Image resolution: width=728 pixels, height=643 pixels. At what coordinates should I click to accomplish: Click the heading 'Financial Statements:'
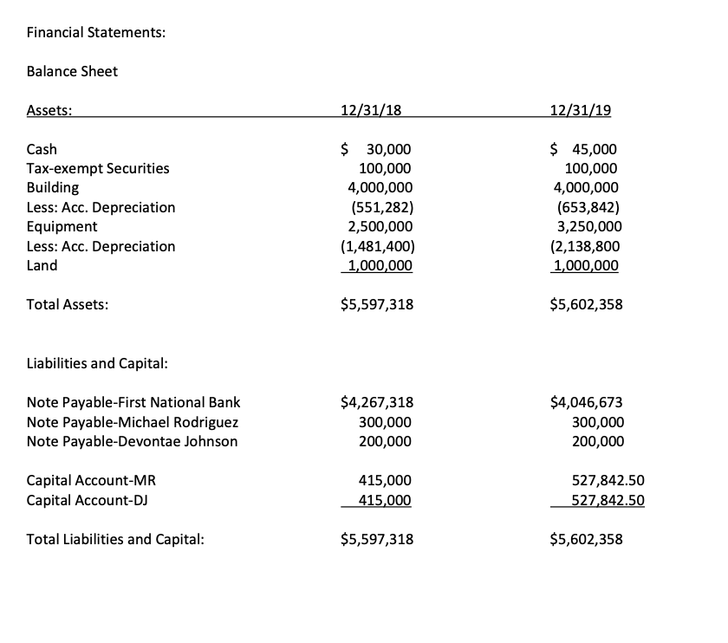[x=96, y=33]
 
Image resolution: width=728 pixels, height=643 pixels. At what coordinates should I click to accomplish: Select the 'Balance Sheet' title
[x=72, y=71]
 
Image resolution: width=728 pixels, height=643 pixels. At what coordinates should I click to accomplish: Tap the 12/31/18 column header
[x=373, y=110]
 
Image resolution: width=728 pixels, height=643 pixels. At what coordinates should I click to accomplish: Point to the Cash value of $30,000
[x=377, y=149]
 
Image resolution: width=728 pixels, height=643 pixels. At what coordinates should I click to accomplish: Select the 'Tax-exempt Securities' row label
[x=98, y=168]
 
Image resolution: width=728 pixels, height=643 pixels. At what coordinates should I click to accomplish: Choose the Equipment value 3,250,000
[x=587, y=226]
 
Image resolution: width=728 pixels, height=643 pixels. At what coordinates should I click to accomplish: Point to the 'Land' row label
[x=42, y=265]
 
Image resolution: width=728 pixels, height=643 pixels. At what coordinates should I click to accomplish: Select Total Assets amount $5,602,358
[x=586, y=305]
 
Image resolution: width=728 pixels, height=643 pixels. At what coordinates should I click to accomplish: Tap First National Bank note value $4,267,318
[x=378, y=402]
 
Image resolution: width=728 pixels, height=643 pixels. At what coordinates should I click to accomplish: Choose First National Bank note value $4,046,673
[x=586, y=402]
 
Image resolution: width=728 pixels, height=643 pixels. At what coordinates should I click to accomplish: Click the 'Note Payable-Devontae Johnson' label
[x=132, y=441]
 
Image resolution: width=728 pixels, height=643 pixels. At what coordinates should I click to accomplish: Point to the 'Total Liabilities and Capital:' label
[x=115, y=540]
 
